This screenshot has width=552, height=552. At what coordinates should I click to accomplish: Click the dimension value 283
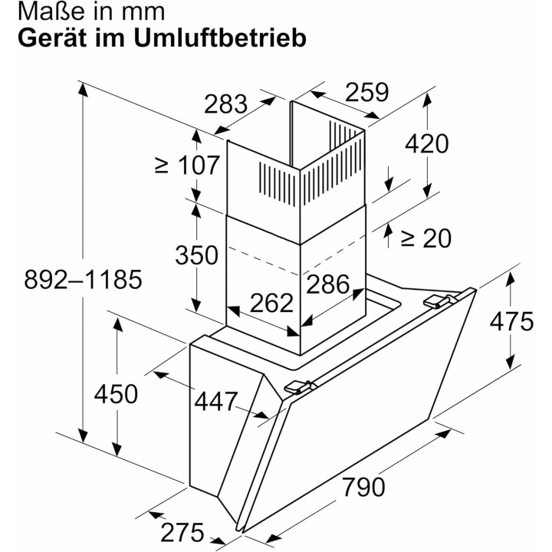coord(225,103)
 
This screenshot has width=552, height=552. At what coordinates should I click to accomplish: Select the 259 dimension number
coord(367,92)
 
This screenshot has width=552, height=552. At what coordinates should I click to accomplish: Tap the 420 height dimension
coord(427,143)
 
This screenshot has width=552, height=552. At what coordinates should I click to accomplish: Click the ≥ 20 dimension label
coord(426,238)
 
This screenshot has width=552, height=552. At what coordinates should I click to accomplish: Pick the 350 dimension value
coord(197,255)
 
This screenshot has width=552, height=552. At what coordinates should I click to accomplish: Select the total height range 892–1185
coord(83,279)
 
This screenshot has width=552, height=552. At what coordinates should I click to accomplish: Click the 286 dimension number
coord(328,284)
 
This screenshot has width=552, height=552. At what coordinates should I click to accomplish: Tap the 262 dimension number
coord(271,302)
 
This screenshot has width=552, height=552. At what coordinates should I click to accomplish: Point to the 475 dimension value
coord(511,321)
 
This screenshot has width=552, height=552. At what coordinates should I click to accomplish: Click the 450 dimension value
coord(116,393)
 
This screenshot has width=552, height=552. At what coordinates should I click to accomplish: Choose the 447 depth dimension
coord(216,401)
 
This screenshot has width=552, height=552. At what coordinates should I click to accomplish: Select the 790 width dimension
coord(363,487)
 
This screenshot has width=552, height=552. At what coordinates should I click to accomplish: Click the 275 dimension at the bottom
coord(182,532)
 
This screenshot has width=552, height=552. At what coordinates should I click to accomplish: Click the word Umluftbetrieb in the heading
coord(220,38)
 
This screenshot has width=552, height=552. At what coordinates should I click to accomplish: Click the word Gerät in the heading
coord(52,38)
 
